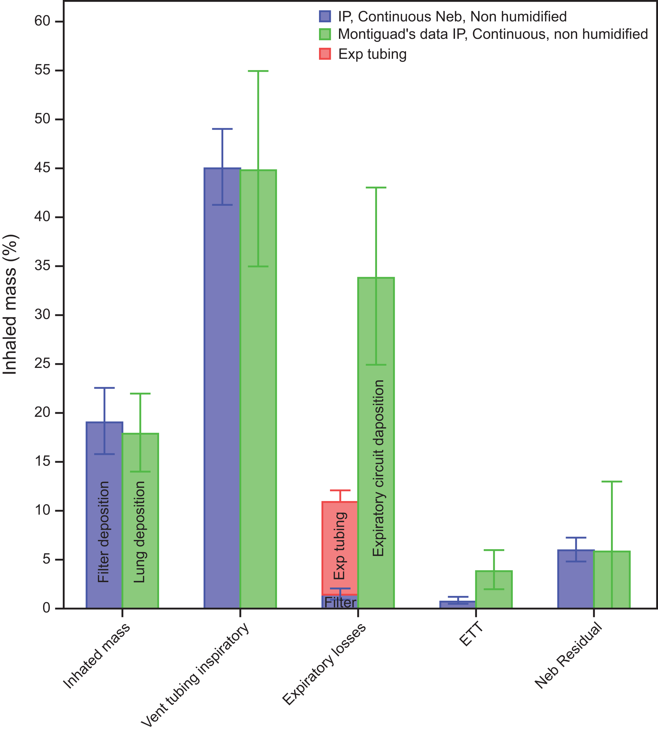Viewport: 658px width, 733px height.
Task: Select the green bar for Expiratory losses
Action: pos(376,443)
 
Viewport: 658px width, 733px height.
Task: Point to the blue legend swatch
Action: pos(325,17)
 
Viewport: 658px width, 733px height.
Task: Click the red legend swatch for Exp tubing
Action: pos(325,54)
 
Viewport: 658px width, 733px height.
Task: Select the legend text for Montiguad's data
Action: pos(493,34)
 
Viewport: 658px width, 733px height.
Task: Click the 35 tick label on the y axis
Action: pos(42,266)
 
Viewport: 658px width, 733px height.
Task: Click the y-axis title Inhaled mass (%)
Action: pos(10,304)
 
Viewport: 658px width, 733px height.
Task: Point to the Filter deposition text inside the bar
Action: pos(104,532)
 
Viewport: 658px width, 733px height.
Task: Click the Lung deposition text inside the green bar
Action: pos(140,532)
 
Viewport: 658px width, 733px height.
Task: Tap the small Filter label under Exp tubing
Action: pos(340,602)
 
